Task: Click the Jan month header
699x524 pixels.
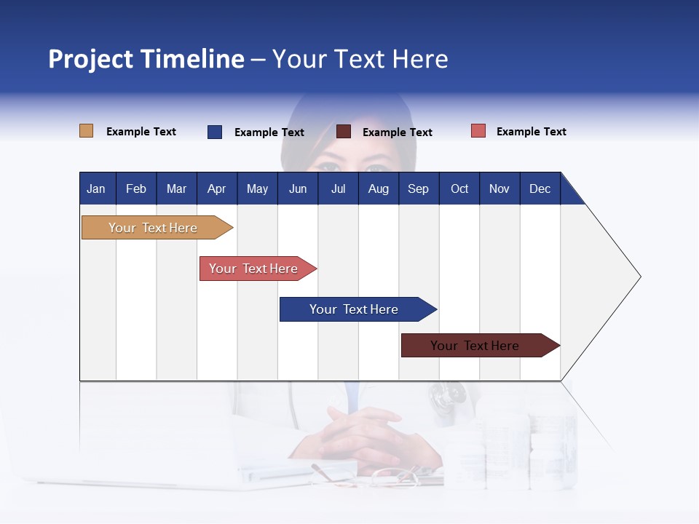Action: [x=96, y=188]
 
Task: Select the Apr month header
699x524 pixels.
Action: [x=216, y=188]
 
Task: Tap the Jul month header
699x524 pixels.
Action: [x=338, y=188]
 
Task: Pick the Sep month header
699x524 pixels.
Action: [x=418, y=188]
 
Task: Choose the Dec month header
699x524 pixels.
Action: [x=540, y=188]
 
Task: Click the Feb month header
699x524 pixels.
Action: [x=136, y=188]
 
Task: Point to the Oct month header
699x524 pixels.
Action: [x=459, y=188]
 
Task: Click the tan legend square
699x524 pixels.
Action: [x=86, y=131]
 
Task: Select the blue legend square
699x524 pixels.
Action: [x=215, y=132]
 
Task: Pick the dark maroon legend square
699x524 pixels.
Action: [x=344, y=132]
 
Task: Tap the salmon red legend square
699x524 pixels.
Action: [x=478, y=131]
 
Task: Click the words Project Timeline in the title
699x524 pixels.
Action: [x=146, y=59]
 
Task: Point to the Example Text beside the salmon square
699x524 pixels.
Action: [x=531, y=132]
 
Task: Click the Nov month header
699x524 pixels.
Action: [x=499, y=188]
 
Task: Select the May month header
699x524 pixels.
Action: [x=257, y=188]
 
